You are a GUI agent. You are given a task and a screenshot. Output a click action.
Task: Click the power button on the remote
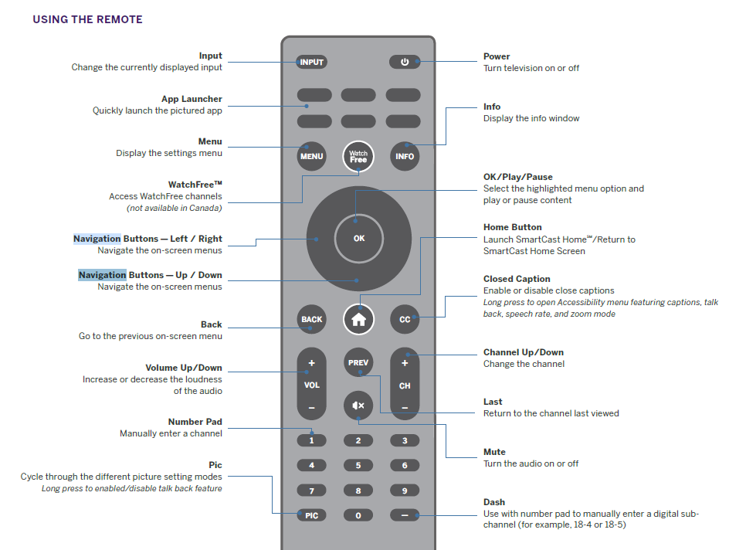pyautogui.click(x=405, y=62)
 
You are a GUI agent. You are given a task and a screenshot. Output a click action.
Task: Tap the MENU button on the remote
pyautogui.click(x=311, y=156)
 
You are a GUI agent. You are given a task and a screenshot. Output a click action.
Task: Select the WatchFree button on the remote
pyautogui.click(x=358, y=156)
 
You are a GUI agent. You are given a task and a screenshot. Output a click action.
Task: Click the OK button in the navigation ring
pyautogui.click(x=358, y=238)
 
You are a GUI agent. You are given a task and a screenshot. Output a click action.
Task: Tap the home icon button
pyautogui.click(x=358, y=319)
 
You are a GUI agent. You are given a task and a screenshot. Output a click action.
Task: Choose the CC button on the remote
pyautogui.click(x=405, y=319)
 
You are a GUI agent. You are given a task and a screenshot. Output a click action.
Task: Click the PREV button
pyautogui.click(x=358, y=362)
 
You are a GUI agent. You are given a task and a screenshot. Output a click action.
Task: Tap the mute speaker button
pyautogui.click(x=358, y=405)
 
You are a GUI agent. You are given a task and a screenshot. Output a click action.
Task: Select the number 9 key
pyautogui.click(x=405, y=490)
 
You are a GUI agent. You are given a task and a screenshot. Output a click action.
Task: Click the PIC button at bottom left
pyautogui.click(x=311, y=515)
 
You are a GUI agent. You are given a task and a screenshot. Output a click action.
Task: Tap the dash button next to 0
pyautogui.click(x=405, y=515)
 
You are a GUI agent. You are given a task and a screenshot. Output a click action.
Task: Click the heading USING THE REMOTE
pyautogui.click(x=87, y=19)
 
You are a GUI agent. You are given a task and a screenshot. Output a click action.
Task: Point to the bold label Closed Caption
pyautogui.click(x=517, y=279)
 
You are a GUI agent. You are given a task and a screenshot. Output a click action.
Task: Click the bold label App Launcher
pyautogui.click(x=192, y=99)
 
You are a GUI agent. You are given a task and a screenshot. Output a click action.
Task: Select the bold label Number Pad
pyautogui.click(x=195, y=422)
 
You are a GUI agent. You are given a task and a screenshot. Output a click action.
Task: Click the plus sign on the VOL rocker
pyautogui.click(x=311, y=363)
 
